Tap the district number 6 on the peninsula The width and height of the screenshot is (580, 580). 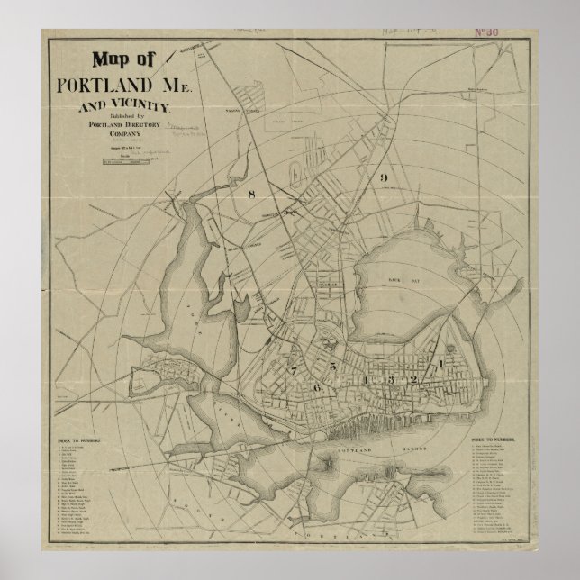[316, 385]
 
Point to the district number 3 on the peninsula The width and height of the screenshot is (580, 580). [390, 380]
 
